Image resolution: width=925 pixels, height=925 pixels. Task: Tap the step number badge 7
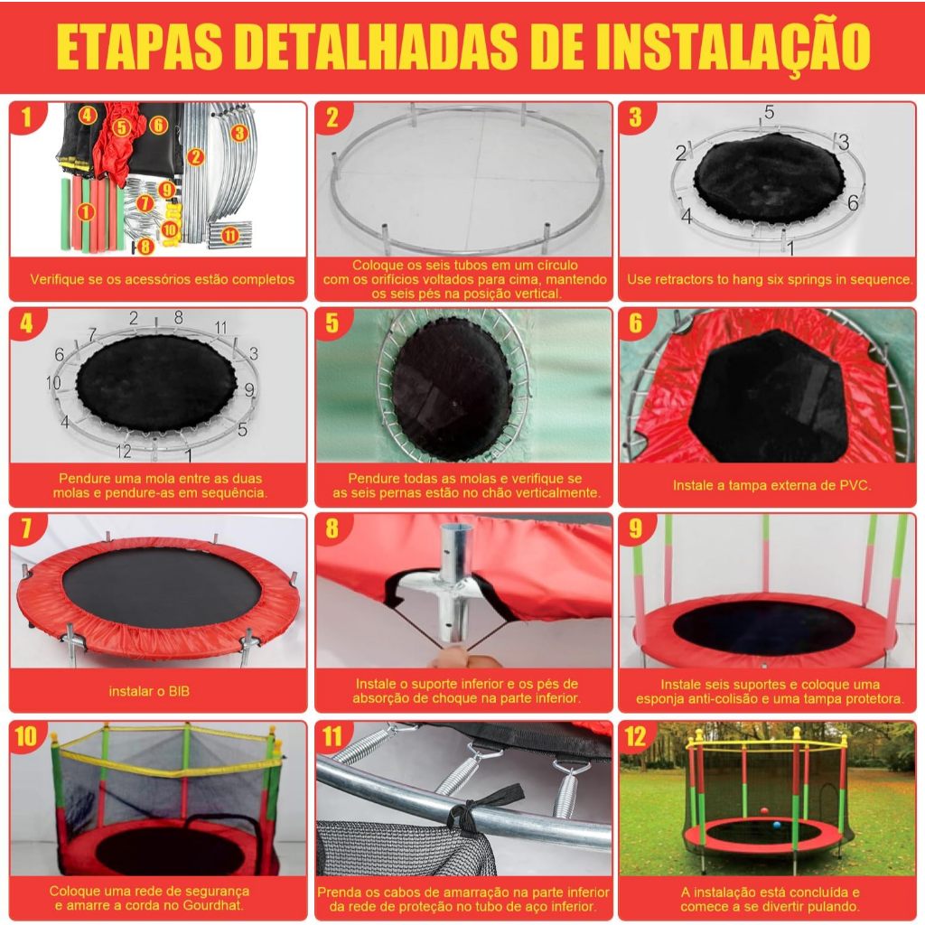click(x=26, y=528)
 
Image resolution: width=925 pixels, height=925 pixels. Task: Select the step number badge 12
click(x=635, y=735)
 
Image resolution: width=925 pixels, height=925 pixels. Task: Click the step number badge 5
click(x=332, y=322)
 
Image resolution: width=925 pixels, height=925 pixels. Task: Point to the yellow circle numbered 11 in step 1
click(x=230, y=236)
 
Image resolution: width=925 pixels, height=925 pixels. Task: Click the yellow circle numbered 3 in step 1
click(x=238, y=132)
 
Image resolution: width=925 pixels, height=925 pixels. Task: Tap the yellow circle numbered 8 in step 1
click(x=145, y=246)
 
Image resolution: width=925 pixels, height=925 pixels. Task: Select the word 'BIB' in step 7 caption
click(x=179, y=691)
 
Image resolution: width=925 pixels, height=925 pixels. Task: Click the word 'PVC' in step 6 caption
click(x=855, y=485)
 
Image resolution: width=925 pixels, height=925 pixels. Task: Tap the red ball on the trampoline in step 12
click(x=764, y=811)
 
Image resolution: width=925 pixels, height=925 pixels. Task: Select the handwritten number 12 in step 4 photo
click(x=123, y=451)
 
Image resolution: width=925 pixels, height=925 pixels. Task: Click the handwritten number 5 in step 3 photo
click(x=769, y=112)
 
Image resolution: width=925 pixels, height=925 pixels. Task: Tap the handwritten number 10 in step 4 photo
click(x=53, y=382)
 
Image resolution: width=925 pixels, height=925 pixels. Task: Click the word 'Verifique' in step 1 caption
click(x=55, y=279)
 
